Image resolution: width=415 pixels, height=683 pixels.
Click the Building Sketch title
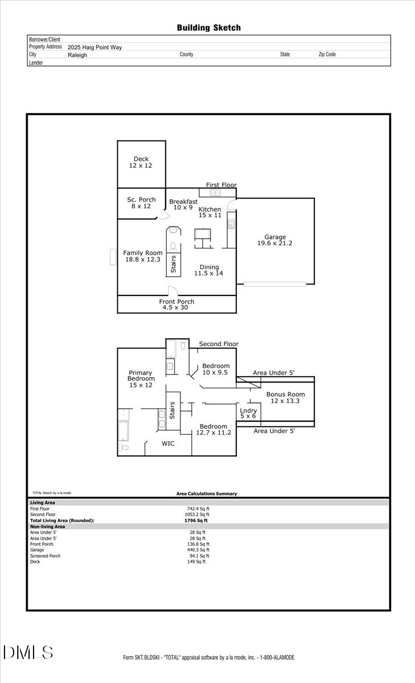(208, 28)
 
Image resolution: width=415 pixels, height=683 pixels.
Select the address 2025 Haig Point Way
(94, 48)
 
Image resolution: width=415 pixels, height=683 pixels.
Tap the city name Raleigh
(77, 55)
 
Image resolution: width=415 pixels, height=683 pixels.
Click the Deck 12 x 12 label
(141, 162)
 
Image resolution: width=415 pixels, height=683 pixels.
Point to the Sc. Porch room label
(141, 203)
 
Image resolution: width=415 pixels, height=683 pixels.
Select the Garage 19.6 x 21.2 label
(275, 240)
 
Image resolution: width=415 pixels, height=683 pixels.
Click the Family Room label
(143, 256)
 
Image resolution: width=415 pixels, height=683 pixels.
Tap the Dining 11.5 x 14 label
(208, 270)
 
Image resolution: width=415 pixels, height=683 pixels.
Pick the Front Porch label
(176, 305)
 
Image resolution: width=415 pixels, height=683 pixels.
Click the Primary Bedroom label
(141, 379)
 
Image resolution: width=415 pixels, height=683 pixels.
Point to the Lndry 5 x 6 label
(248, 414)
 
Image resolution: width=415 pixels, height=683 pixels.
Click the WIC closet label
(168, 443)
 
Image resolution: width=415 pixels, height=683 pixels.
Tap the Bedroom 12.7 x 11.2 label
(213, 430)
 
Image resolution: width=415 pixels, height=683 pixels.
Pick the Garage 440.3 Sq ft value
(198, 550)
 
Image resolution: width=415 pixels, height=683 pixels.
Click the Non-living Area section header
(47, 526)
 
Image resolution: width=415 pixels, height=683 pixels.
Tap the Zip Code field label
(327, 55)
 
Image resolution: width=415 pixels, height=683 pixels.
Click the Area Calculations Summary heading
(207, 493)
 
